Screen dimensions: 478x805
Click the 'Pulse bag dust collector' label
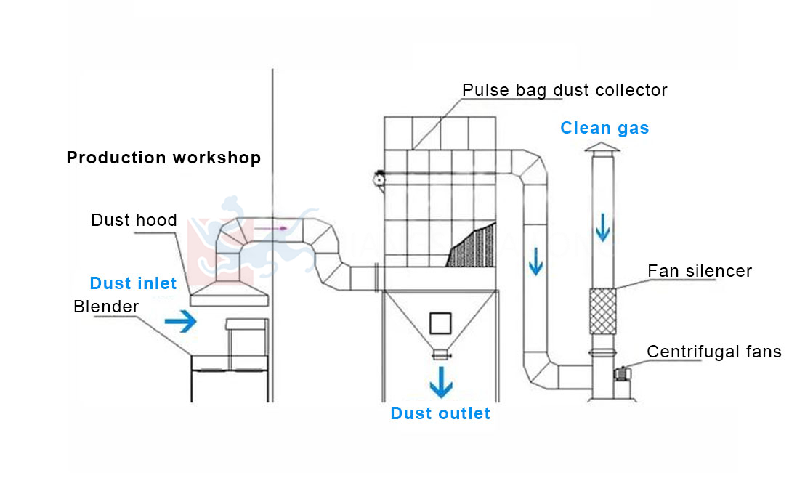565,90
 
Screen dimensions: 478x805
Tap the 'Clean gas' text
604,129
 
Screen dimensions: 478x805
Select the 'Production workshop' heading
163,158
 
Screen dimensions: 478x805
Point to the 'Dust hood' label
134,220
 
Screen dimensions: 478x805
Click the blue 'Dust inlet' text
133,283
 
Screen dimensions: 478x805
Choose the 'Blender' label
106,307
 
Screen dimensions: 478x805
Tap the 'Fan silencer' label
700,271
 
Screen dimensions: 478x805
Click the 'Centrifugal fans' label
713,352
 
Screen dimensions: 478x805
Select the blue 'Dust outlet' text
440,413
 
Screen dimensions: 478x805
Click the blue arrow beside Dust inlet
181,321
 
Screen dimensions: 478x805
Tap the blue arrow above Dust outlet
440,381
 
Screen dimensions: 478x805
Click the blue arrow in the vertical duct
535,262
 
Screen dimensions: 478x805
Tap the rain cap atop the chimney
602,149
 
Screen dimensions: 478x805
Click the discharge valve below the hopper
440,355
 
